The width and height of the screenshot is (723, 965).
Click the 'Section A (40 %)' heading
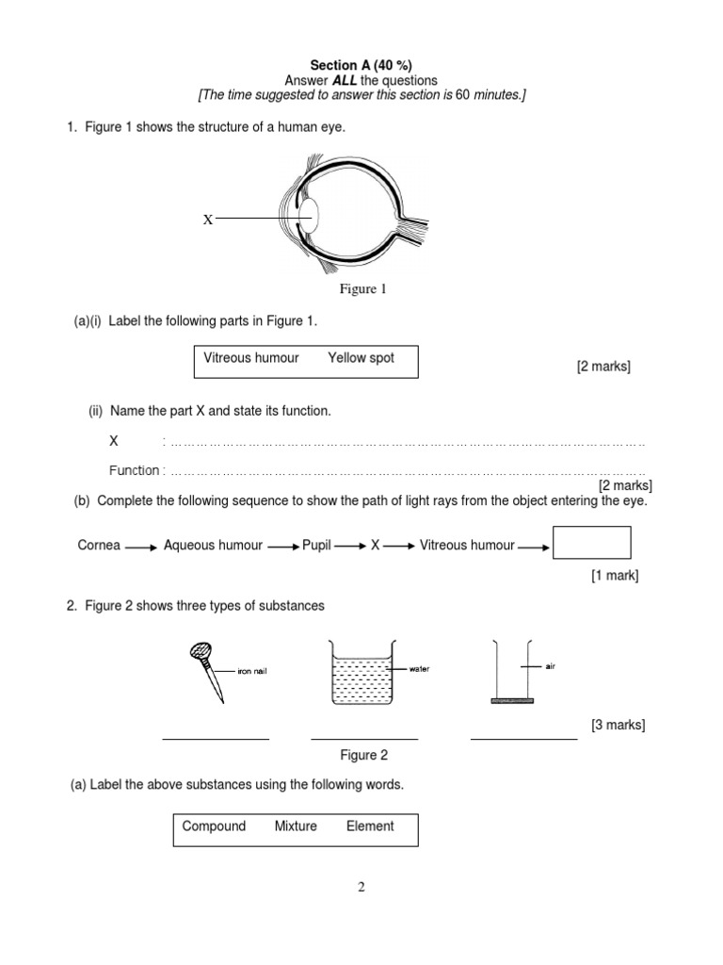pyautogui.click(x=361, y=65)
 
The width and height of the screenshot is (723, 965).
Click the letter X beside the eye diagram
pyautogui.click(x=208, y=219)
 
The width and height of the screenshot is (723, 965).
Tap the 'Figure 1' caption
pyautogui.click(x=362, y=289)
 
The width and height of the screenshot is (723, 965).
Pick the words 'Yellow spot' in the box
pyautogui.click(x=361, y=358)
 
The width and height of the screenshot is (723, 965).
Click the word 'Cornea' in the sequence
pyautogui.click(x=99, y=545)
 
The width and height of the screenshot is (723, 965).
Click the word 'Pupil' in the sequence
pyautogui.click(x=316, y=545)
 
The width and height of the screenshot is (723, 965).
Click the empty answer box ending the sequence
pyautogui.click(x=591, y=543)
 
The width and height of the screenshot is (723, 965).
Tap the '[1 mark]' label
pyautogui.click(x=614, y=576)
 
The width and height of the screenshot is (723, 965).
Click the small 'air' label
pyautogui.click(x=551, y=665)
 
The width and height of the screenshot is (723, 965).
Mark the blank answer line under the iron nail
pyautogui.click(x=216, y=739)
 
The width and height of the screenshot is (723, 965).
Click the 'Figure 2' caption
pyautogui.click(x=363, y=755)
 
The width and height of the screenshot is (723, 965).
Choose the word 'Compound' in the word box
pyautogui.click(x=214, y=826)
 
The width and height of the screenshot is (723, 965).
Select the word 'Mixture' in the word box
pyautogui.click(x=296, y=826)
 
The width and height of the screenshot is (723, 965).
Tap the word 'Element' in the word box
pyautogui.click(x=370, y=826)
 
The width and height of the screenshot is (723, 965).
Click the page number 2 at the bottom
pyautogui.click(x=361, y=887)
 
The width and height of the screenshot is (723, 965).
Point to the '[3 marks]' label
pyautogui.click(x=618, y=725)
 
